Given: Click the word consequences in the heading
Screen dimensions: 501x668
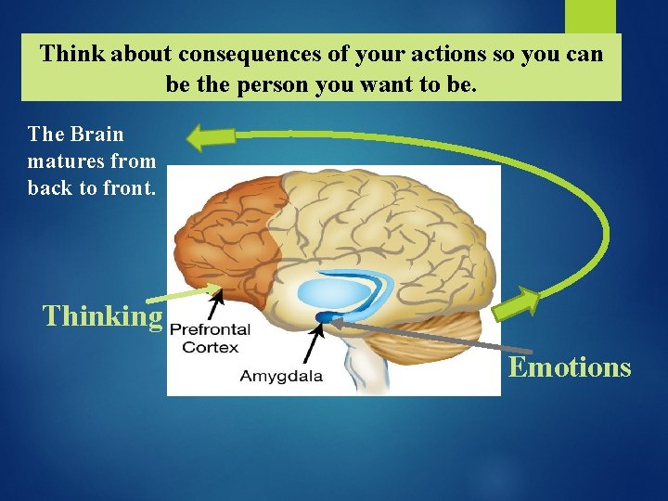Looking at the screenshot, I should [234, 54].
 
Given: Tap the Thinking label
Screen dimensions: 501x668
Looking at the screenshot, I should [102, 316].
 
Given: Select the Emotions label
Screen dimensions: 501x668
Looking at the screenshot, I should [570, 367].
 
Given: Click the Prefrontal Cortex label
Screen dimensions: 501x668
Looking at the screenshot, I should [210, 338].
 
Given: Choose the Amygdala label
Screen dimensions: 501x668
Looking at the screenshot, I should [281, 376].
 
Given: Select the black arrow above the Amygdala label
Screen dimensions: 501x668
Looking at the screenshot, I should [313, 340].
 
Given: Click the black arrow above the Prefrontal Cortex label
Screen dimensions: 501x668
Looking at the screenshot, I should [216, 303].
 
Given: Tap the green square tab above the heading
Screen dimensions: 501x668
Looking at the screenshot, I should [590, 17].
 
